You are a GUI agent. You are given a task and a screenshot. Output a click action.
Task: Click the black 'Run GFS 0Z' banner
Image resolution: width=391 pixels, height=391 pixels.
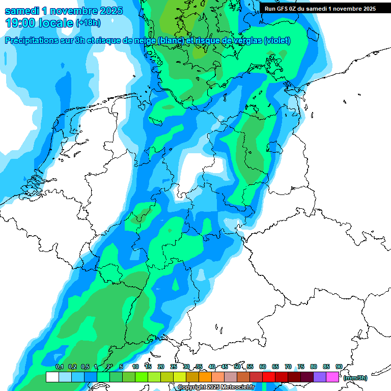coord(320,8)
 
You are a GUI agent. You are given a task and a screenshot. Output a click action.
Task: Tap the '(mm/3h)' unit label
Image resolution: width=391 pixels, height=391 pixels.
coord(355,378)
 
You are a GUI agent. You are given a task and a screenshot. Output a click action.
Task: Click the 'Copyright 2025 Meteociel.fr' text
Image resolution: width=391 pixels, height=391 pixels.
coord(216,387)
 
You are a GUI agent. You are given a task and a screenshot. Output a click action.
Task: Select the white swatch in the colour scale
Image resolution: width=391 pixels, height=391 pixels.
coord(52,377)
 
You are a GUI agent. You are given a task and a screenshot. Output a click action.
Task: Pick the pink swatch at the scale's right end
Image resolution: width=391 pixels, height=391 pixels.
coord(332,377)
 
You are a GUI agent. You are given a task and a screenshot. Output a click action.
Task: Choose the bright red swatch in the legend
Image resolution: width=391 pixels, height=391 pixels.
coord(269,377)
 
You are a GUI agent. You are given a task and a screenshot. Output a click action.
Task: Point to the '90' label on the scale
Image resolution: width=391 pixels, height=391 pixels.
coord(339,367)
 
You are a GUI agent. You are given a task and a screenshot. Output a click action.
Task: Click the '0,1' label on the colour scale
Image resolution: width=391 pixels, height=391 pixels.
coord(60,367)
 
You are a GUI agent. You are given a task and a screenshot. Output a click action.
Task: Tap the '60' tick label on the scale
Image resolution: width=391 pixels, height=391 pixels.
coord(263,367)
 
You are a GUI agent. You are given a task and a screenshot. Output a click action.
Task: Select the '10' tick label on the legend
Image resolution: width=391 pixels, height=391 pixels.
coord(135,367)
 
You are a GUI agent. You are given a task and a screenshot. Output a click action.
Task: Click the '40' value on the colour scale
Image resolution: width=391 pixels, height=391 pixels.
coord(212,367)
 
